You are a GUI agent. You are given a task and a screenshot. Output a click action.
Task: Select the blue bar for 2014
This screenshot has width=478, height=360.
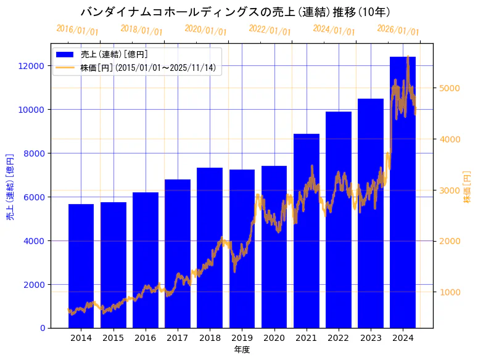point(81,266)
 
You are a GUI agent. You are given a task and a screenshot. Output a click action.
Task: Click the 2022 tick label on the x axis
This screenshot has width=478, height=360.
point(339,338)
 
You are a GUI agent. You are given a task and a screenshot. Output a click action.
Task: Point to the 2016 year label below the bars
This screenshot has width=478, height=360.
point(146,338)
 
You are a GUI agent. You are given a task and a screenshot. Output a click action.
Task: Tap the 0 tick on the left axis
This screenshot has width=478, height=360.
point(43,328)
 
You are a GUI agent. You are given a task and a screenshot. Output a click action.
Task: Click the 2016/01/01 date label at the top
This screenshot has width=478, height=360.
point(77,30)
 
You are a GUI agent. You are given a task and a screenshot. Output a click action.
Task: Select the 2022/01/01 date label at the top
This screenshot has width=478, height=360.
point(270,30)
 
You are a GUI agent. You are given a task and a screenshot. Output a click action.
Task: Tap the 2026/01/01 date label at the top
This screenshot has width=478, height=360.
point(398,31)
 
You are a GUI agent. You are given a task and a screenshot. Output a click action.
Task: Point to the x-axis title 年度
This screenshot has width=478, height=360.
point(242,350)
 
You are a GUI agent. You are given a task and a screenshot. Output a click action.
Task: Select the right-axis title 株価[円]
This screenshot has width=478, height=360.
point(467,189)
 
